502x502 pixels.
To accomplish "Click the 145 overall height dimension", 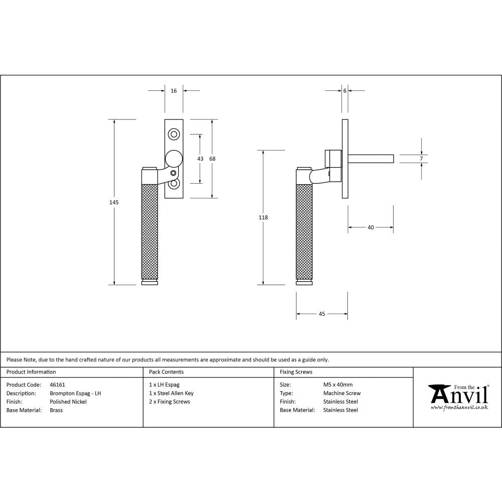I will [114, 202].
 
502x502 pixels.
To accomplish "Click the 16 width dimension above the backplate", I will [174, 91].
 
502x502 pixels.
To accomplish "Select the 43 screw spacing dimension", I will [200, 159].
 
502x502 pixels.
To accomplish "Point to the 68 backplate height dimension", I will [212, 159].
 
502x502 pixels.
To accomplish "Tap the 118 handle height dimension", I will [263, 217].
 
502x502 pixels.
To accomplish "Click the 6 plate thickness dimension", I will [345, 91].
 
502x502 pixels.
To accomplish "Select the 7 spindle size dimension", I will [421, 159].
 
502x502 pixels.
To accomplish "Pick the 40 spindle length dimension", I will [370, 227].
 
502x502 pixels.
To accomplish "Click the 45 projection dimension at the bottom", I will [322, 314].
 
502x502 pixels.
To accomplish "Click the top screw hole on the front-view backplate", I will [174, 134].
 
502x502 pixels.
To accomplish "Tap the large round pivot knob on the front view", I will [174, 159].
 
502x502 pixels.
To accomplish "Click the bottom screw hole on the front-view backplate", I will [174, 184].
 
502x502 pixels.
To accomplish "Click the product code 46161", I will [57, 385].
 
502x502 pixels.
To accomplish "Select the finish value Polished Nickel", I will [68, 402].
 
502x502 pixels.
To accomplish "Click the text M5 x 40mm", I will [338, 385].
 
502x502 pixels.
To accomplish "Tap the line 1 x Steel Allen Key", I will [171, 394].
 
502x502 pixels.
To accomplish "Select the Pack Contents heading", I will [166, 372].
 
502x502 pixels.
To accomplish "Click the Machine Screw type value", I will [342, 394].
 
